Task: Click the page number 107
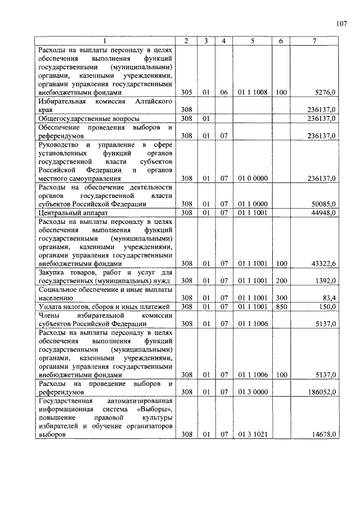pos(341,24)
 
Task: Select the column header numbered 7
pos(318,41)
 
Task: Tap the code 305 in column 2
pos(187,92)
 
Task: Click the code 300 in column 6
pos(281,297)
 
